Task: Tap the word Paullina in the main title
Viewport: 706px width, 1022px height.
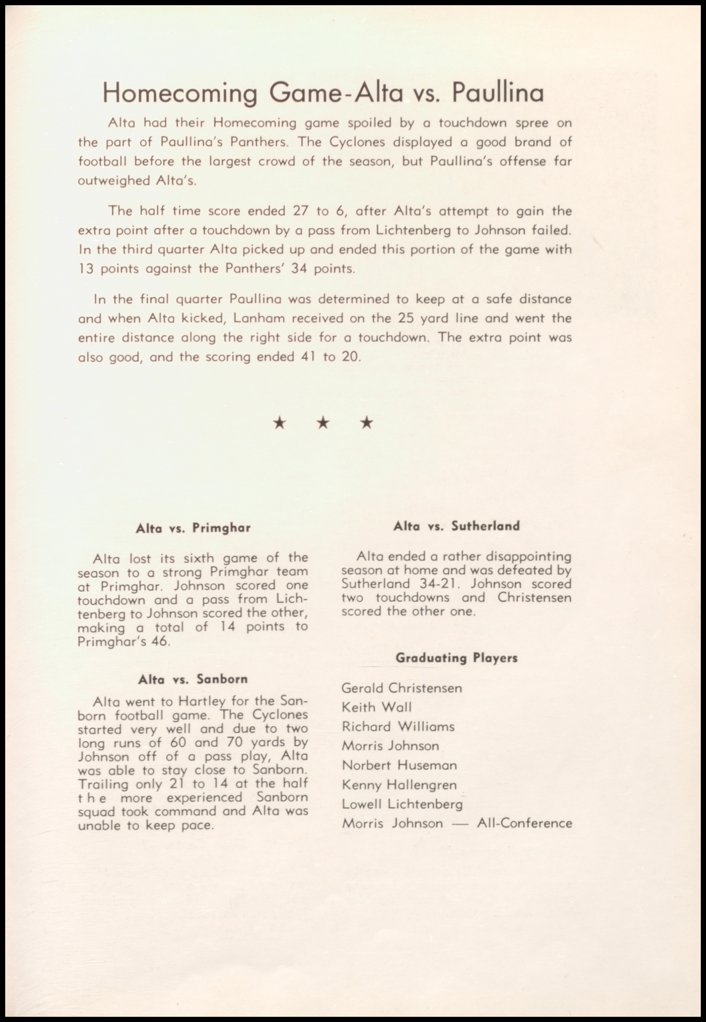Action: (498, 92)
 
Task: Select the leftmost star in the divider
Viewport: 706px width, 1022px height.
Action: (280, 423)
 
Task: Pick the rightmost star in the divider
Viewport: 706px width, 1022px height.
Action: (367, 423)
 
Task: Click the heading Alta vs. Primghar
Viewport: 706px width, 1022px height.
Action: (193, 528)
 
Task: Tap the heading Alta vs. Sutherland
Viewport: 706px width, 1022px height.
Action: (456, 526)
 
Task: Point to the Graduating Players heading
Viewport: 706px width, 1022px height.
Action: (456, 658)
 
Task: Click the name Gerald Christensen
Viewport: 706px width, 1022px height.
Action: (402, 688)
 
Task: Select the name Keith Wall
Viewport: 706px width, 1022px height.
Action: (376, 707)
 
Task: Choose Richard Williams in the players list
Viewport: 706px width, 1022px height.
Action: (398, 727)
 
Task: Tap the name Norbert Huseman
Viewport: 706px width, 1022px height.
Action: (399, 765)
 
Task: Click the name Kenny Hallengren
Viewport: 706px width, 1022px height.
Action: (399, 785)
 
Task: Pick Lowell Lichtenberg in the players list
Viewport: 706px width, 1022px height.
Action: (402, 804)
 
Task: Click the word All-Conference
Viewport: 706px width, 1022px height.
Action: (525, 823)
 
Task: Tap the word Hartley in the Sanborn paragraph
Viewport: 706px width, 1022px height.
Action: (205, 702)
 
